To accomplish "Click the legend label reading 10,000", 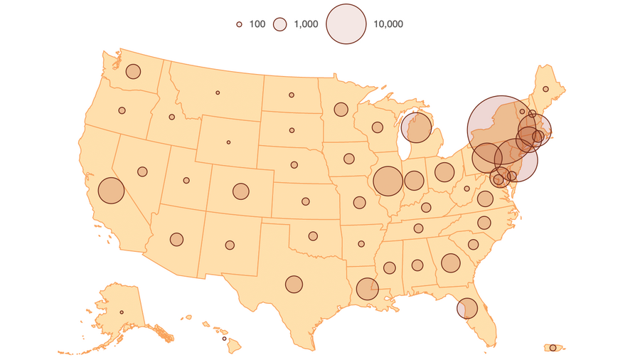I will click(388, 24).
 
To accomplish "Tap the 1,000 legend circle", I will click(281, 24).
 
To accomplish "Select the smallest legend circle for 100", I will click(240, 24).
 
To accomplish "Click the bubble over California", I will click(111, 191).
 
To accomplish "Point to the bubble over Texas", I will click(294, 284).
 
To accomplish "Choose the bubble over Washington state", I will click(133, 71).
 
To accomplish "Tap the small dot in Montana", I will click(218, 92).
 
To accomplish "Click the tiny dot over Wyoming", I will click(228, 142).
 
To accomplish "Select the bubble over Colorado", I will click(240, 191).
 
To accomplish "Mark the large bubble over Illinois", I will click(388, 181).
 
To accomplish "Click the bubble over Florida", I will click(466, 308).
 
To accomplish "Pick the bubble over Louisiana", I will click(367, 289).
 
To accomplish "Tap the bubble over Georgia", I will click(450, 263).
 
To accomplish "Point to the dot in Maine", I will click(545, 89).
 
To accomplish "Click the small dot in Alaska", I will click(122, 312).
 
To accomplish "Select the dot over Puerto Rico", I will click(553, 347).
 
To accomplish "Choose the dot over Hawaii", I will click(224, 339).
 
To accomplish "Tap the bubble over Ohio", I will click(444, 171).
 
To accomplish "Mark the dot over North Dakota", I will click(292, 95).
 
